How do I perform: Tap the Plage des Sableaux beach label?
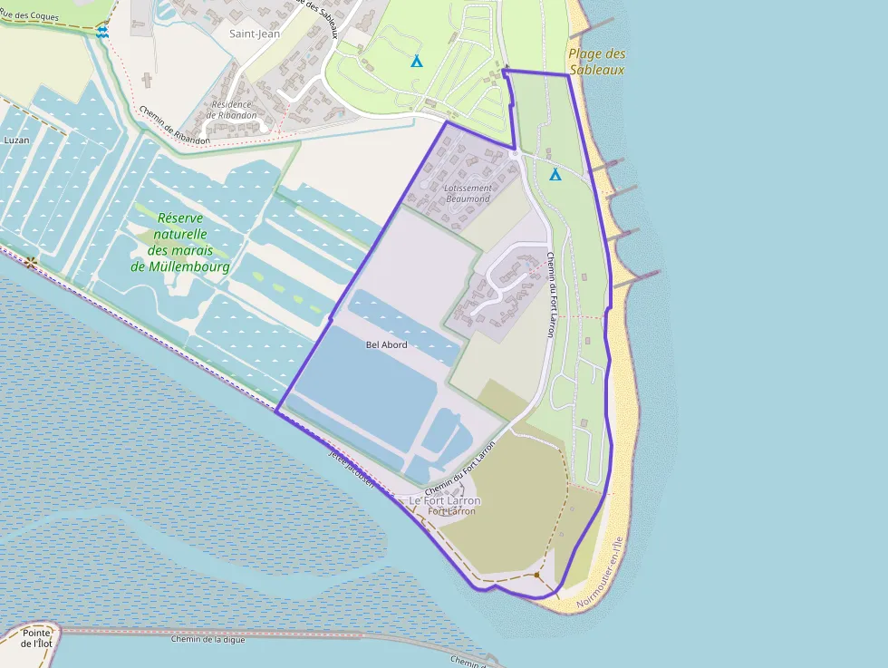[597, 61]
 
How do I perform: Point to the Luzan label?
[16, 140]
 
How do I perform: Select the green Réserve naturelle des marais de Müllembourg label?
[180, 242]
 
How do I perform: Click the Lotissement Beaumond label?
[468, 193]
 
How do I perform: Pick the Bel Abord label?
[386, 345]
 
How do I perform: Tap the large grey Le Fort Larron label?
[445, 500]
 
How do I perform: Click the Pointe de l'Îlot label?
[37, 638]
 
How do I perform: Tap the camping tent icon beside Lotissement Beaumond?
[555, 174]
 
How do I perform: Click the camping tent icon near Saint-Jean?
[417, 62]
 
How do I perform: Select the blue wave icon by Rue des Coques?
[102, 31]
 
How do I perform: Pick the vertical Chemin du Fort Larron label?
[550, 295]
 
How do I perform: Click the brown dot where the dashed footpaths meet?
[537, 575]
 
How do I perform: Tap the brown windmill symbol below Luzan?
[33, 263]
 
